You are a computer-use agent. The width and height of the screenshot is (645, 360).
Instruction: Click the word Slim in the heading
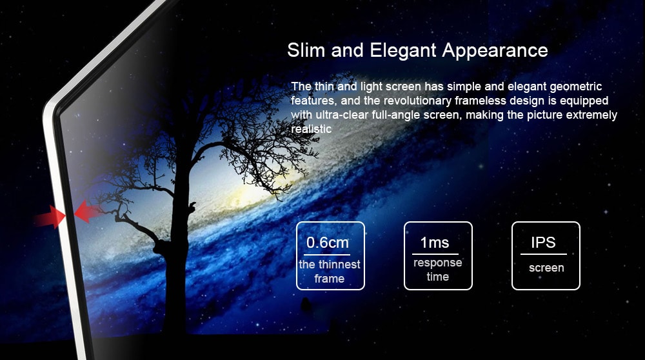coord(306,50)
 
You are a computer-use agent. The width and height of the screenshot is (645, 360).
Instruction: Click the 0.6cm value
coord(327,243)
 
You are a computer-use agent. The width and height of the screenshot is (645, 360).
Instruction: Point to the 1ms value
coord(435,243)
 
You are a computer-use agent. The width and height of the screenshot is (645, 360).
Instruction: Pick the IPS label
coord(543,243)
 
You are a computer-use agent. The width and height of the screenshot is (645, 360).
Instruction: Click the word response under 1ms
coord(437,263)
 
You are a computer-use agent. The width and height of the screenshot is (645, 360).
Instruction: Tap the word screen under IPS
coord(546,268)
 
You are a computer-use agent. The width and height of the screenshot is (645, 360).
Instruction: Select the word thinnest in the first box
coord(339,265)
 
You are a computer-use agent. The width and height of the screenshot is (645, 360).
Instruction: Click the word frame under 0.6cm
coord(330,279)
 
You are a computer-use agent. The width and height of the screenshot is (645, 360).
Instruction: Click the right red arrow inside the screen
coord(88,212)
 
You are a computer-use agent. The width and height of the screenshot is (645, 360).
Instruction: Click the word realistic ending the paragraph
coord(311,129)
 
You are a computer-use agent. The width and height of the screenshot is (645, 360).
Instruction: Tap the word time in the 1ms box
coord(437,277)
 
